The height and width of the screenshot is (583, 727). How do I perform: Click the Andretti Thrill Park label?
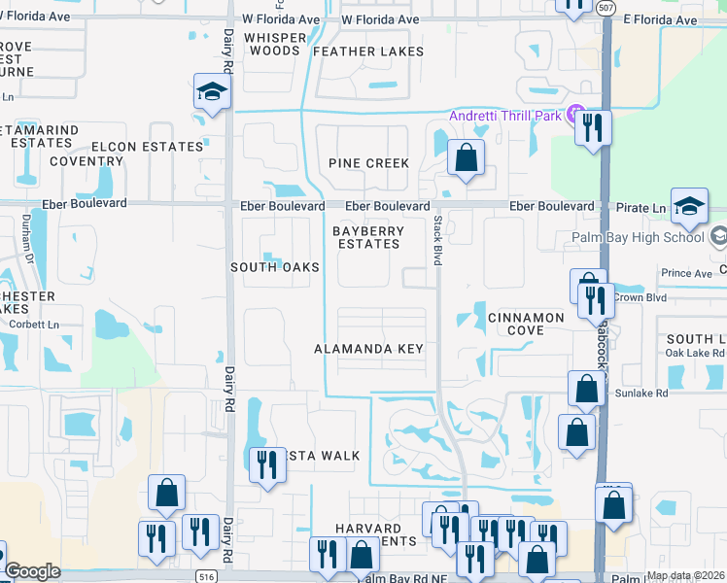(x=505, y=117)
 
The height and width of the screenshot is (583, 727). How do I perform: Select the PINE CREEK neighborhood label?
(x=368, y=163)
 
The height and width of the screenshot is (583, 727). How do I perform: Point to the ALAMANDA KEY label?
(x=368, y=349)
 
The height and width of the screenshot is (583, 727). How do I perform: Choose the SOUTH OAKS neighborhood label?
(x=275, y=266)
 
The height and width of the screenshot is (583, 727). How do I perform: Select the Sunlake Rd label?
(x=641, y=394)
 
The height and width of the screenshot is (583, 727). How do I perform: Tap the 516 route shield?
(x=205, y=576)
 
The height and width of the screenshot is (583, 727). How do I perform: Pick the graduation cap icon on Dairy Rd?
(x=211, y=93)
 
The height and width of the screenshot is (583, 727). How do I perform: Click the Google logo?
(x=32, y=572)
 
